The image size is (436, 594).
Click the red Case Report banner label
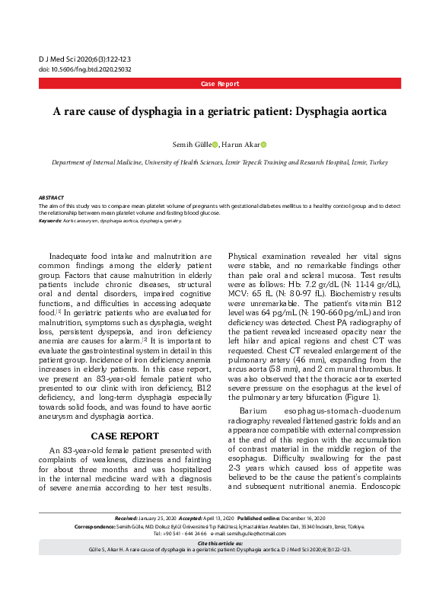click(220, 84)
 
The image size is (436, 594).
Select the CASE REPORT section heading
click(125, 436)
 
